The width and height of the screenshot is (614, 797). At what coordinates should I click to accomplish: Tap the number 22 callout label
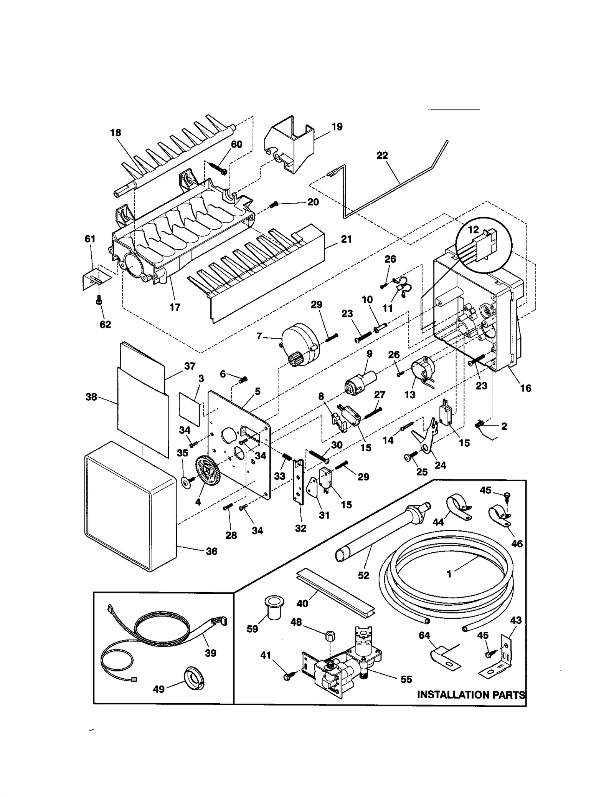(x=382, y=156)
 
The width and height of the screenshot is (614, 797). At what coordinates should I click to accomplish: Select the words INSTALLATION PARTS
(x=471, y=694)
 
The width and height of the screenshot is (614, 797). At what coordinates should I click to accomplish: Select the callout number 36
(x=211, y=551)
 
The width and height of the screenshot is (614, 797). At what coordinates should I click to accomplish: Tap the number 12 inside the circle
(x=473, y=230)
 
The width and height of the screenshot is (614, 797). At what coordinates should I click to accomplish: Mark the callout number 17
(x=175, y=307)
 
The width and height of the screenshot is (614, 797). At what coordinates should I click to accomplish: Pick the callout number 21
(x=346, y=239)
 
